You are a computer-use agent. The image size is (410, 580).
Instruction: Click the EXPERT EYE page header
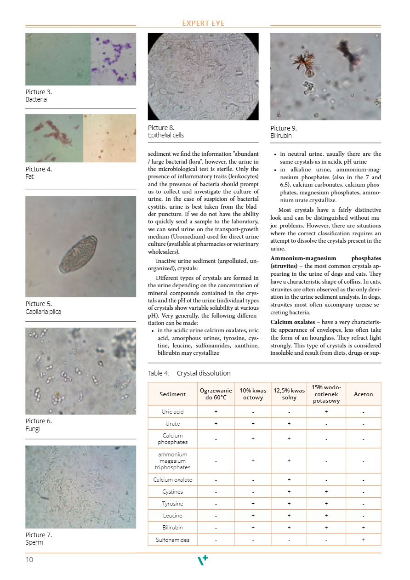[203, 23]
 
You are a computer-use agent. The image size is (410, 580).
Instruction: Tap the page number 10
[29, 560]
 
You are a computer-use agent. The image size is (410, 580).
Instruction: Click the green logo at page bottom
[203, 560]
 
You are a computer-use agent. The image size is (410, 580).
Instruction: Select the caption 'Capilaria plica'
[43, 312]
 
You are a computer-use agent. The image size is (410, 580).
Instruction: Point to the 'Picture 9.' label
[283, 128]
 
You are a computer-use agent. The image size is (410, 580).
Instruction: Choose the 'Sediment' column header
[172, 394]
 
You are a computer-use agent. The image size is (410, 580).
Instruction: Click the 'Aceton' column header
[363, 394]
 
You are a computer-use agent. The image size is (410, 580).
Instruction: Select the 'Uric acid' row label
[172, 411]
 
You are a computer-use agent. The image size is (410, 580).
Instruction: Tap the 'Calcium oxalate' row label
[172, 480]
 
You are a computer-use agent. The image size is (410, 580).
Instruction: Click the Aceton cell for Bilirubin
[363, 528]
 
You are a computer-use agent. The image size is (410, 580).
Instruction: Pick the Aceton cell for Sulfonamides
[363, 540]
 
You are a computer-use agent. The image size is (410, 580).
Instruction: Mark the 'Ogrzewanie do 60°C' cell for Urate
[216, 423]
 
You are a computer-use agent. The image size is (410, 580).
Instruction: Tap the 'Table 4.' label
[158, 373]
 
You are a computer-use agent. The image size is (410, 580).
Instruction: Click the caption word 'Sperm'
[34, 542]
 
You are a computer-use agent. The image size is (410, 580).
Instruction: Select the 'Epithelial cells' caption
[165, 135]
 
